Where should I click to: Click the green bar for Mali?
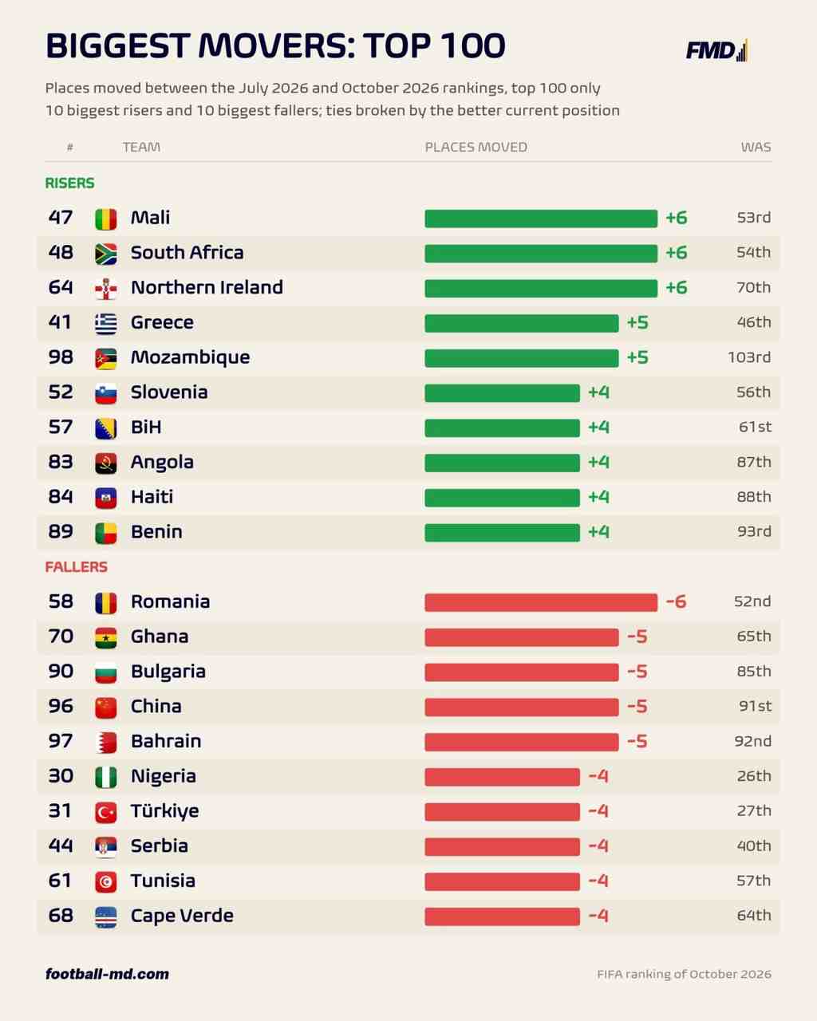click(541, 219)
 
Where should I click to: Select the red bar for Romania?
click(541, 602)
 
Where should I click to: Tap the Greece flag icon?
click(106, 323)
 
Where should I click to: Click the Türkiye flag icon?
click(106, 812)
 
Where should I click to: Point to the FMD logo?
click(717, 50)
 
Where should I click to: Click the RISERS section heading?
click(69, 183)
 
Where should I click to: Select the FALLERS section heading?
click(77, 567)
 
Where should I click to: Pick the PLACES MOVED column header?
click(476, 147)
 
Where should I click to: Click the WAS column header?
click(756, 147)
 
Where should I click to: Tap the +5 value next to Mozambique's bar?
click(637, 357)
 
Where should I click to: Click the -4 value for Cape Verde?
click(598, 916)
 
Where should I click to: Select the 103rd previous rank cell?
click(750, 357)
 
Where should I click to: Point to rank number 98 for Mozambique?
click(61, 357)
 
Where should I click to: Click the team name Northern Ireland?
click(207, 287)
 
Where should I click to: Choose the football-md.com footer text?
click(107, 974)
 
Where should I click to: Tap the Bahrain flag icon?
click(106, 742)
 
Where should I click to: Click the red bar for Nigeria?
click(503, 777)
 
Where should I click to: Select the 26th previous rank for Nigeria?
click(754, 776)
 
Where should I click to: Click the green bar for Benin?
click(503, 532)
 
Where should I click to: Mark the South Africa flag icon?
click(106, 254)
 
